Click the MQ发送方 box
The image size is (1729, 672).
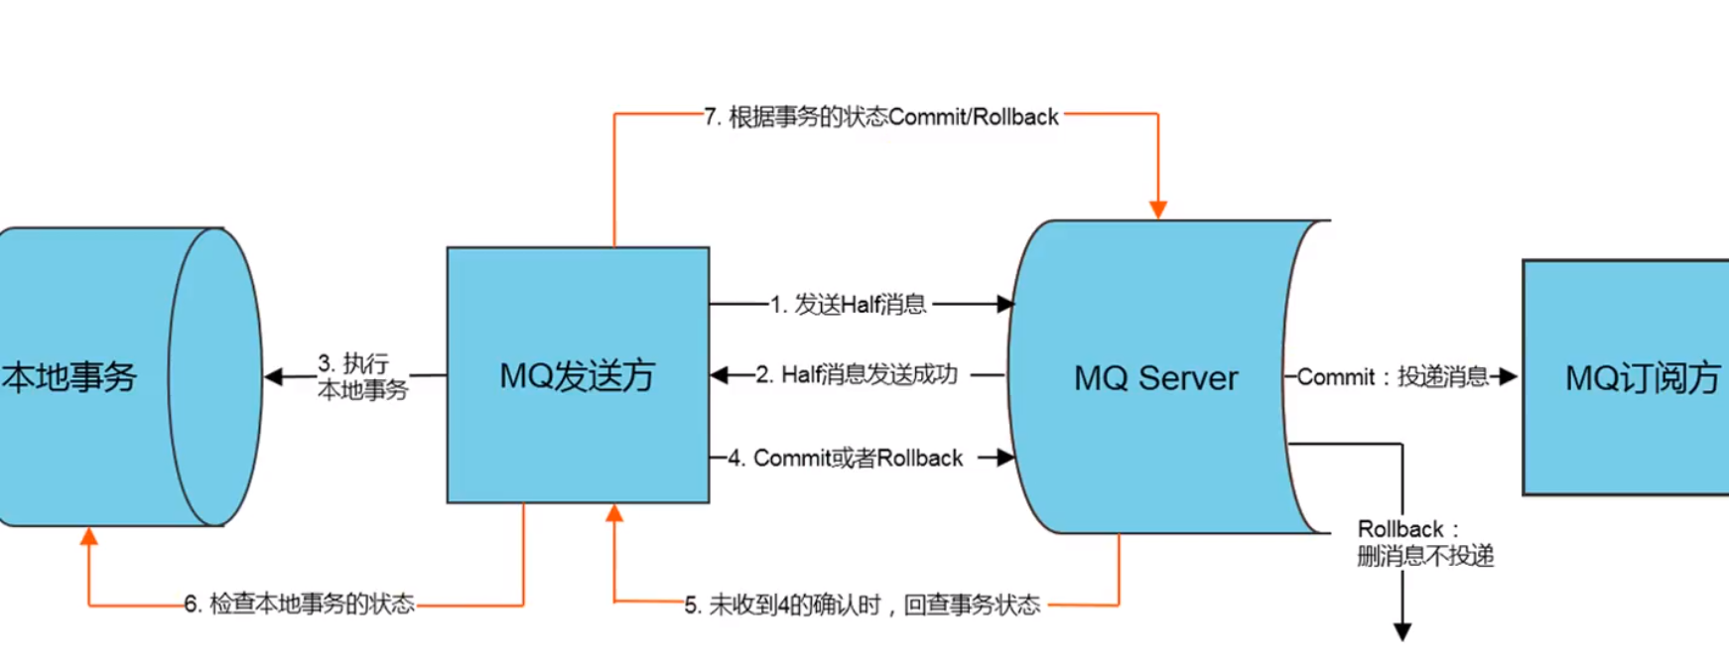pos(578,375)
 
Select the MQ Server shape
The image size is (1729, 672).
pos(1156,377)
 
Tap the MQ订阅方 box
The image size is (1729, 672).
pos(1627,377)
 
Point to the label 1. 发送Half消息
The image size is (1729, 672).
pos(848,305)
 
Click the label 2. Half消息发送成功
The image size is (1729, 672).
pos(857,374)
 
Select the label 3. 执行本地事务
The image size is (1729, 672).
pos(362,376)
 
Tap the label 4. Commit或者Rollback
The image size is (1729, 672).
pos(846,458)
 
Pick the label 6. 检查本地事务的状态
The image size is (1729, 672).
pos(299,604)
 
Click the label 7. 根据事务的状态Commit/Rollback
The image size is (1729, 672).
pos(881,117)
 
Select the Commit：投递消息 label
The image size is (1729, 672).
pos(1393,377)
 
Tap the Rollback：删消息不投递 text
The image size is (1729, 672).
pos(1425,542)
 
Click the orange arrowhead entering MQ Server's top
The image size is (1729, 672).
pos(1157,209)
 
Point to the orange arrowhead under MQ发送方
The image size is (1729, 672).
pos(614,512)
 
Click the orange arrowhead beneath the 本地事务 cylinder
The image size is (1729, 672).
pos(89,537)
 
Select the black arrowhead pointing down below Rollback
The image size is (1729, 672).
pos(1402,632)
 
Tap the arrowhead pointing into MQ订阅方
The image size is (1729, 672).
pos(1509,377)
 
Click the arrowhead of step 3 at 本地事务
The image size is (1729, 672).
pos(274,376)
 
